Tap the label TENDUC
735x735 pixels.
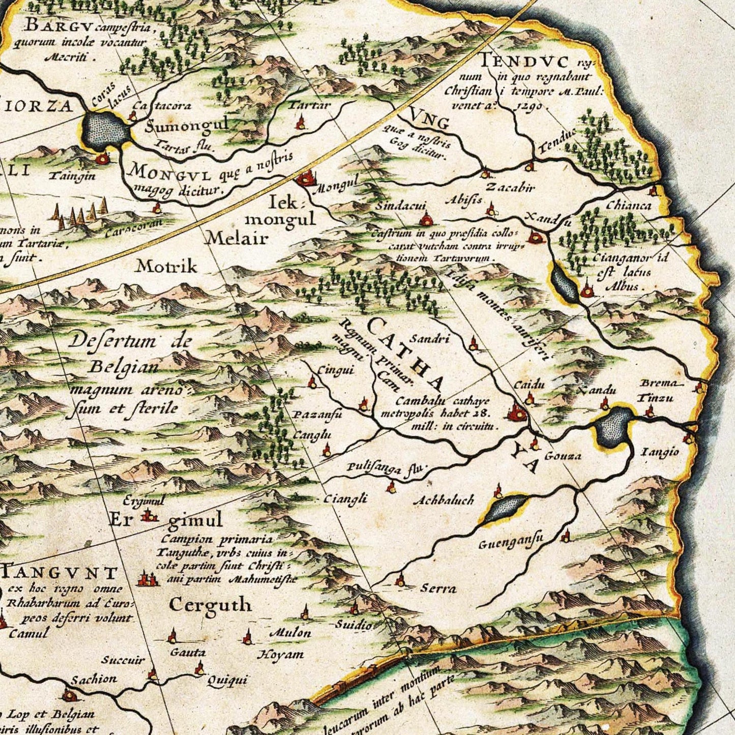pyautogui.click(x=524, y=62)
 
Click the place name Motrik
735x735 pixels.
pyautogui.click(x=166, y=266)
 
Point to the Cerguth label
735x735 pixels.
pyautogui.click(x=210, y=605)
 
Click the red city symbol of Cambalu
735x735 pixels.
pyautogui.click(x=517, y=412)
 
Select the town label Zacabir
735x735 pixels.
pyautogui.click(x=510, y=188)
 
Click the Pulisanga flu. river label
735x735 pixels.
pyautogui.click(x=387, y=469)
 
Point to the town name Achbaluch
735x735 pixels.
pyautogui.click(x=444, y=501)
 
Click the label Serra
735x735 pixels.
pyautogui.click(x=438, y=589)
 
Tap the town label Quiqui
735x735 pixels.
pyautogui.click(x=227, y=680)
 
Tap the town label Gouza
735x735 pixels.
pyautogui.click(x=563, y=456)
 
